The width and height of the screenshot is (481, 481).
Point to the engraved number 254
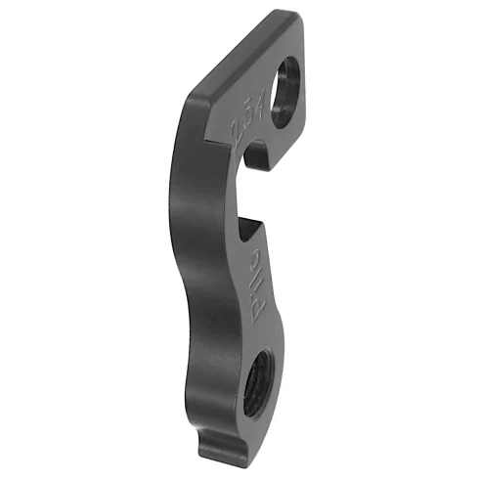point(245,121)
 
